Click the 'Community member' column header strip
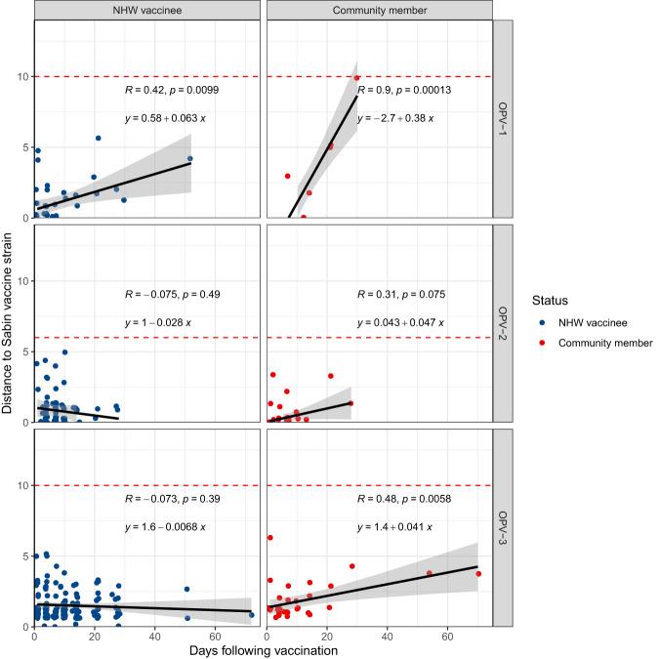tap(379, 10)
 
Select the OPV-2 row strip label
tap(502, 322)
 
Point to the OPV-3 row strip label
tap(502, 525)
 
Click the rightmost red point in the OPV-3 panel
tap(478, 574)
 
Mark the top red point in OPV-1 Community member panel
tap(357, 78)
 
